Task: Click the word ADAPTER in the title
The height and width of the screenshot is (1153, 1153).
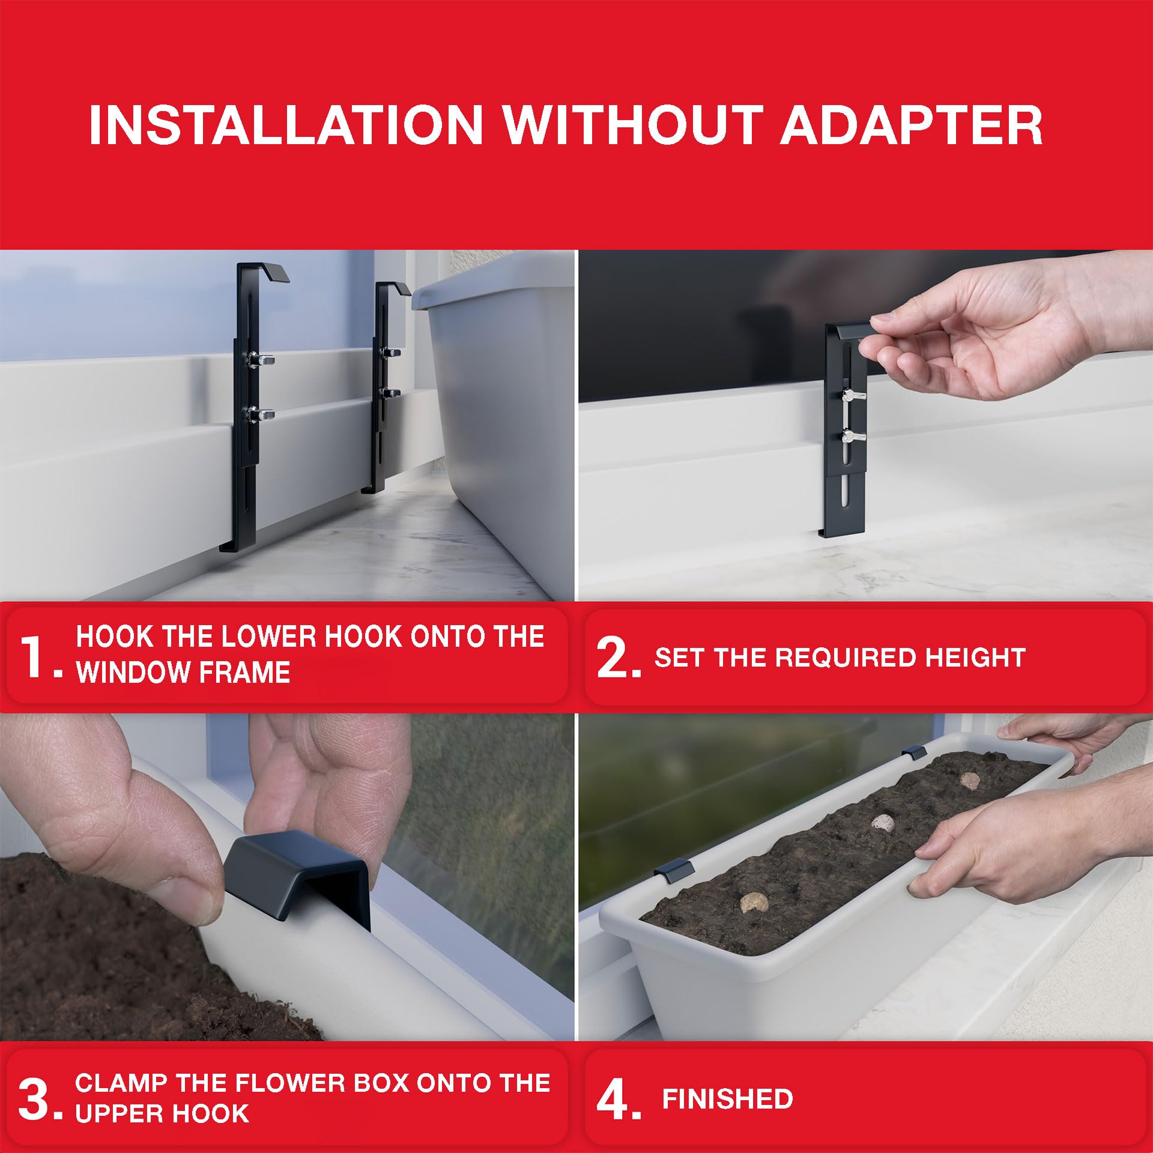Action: click(911, 125)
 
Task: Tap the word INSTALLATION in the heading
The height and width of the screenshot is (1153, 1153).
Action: click(286, 125)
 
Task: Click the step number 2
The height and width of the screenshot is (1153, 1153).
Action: click(619, 658)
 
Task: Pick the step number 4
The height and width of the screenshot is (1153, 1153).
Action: click(619, 1100)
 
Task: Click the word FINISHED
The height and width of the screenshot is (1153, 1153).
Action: click(727, 1100)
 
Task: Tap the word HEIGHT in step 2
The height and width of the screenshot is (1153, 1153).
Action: click(975, 658)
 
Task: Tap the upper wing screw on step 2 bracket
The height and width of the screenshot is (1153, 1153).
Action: click(852, 395)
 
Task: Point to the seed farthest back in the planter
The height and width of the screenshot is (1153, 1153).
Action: click(970, 781)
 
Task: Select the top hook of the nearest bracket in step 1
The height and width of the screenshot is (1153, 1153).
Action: click(264, 272)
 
